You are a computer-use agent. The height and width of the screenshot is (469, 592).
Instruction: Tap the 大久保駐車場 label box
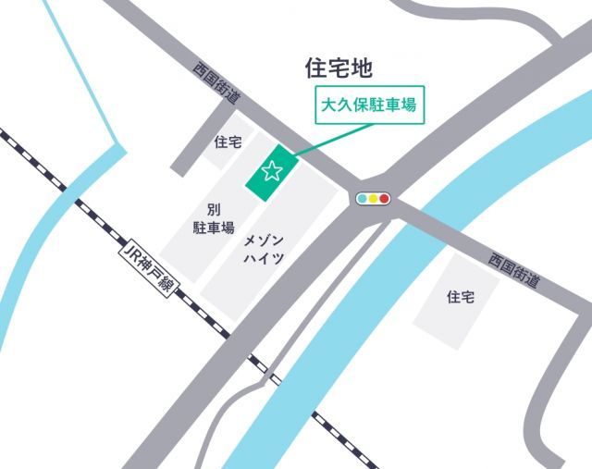(x=366, y=105)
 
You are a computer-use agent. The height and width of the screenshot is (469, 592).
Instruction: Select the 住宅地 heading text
(x=338, y=68)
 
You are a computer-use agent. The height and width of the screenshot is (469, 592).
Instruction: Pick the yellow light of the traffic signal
(x=374, y=198)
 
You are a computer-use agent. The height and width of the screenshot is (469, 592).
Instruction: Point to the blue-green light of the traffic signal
(x=362, y=198)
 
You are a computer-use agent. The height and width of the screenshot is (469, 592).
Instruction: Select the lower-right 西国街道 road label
(x=513, y=271)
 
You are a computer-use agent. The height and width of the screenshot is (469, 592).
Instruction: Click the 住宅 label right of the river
(x=460, y=297)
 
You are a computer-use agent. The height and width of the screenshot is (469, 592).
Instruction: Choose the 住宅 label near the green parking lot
(x=228, y=142)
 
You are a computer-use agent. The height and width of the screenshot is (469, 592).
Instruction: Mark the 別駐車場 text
(x=213, y=218)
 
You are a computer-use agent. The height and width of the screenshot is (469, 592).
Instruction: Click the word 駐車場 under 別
(x=213, y=228)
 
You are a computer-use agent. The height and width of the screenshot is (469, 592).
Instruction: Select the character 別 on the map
(x=213, y=208)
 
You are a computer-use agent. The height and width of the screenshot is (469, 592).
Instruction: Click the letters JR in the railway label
(x=129, y=251)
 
